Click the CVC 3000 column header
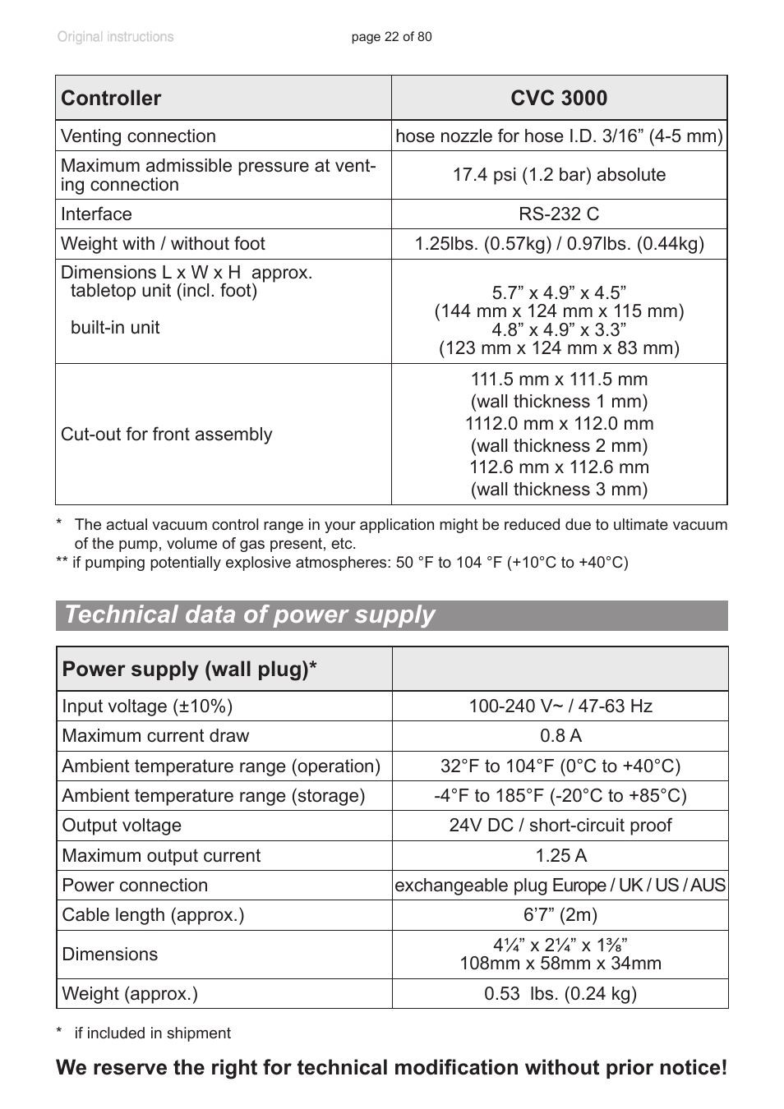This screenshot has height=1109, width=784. (x=559, y=99)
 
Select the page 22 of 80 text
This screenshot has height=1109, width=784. (x=391, y=37)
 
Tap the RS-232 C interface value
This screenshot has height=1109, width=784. (x=559, y=214)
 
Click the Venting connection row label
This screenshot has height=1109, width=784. (x=138, y=136)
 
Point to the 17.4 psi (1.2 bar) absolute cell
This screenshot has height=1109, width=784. (x=559, y=175)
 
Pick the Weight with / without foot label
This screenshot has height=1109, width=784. (x=163, y=244)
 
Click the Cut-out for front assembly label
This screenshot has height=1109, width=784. (x=166, y=435)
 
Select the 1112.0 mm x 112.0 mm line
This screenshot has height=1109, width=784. (x=559, y=424)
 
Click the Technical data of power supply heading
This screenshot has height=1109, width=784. (x=250, y=615)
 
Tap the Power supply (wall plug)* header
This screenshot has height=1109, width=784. (x=189, y=670)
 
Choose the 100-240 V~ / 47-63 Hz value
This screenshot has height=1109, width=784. (x=560, y=706)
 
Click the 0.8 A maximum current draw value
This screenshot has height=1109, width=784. (x=560, y=736)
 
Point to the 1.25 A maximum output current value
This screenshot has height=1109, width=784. (x=560, y=856)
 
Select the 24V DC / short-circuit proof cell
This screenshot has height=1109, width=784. (x=560, y=826)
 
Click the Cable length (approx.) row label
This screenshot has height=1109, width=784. (x=153, y=915)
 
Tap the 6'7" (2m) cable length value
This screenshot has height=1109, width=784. (x=560, y=915)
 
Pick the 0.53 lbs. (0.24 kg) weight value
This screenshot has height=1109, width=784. (x=560, y=994)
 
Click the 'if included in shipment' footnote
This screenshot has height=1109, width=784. (x=152, y=1033)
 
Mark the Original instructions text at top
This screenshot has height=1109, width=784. (x=115, y=37)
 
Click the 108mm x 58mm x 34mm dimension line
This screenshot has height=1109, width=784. (x=560, y=964)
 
